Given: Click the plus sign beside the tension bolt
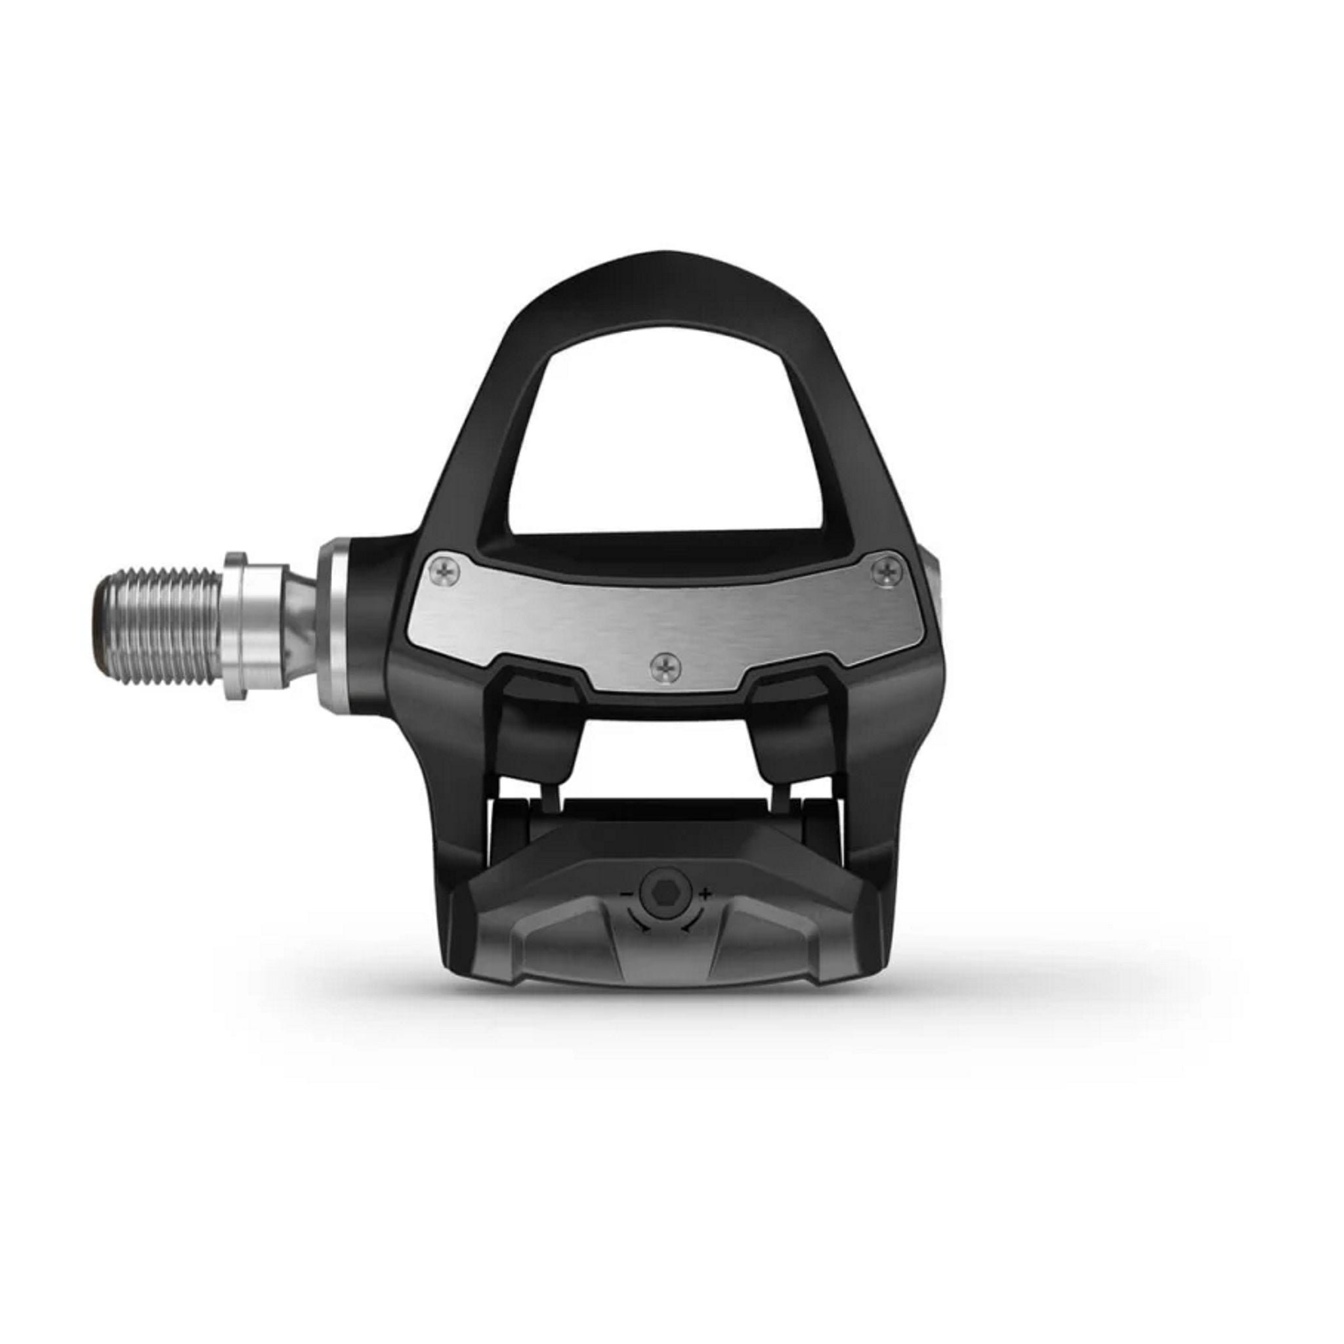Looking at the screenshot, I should coord(706,892).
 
